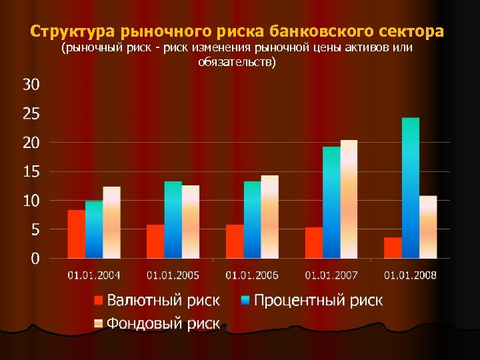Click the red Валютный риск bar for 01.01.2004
click(77, 234)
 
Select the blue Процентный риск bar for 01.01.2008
click(411, 188)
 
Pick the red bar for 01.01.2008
click(393, 247)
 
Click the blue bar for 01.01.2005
click(173, 219)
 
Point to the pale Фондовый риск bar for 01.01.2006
click(270, 217)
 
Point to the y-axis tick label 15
click(31, 171)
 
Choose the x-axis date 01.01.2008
click(410, 275)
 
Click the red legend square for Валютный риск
click(99, 301)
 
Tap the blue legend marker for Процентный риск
click(245, 301)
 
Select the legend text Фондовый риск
click(163, 323)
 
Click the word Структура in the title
click(71, 31)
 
